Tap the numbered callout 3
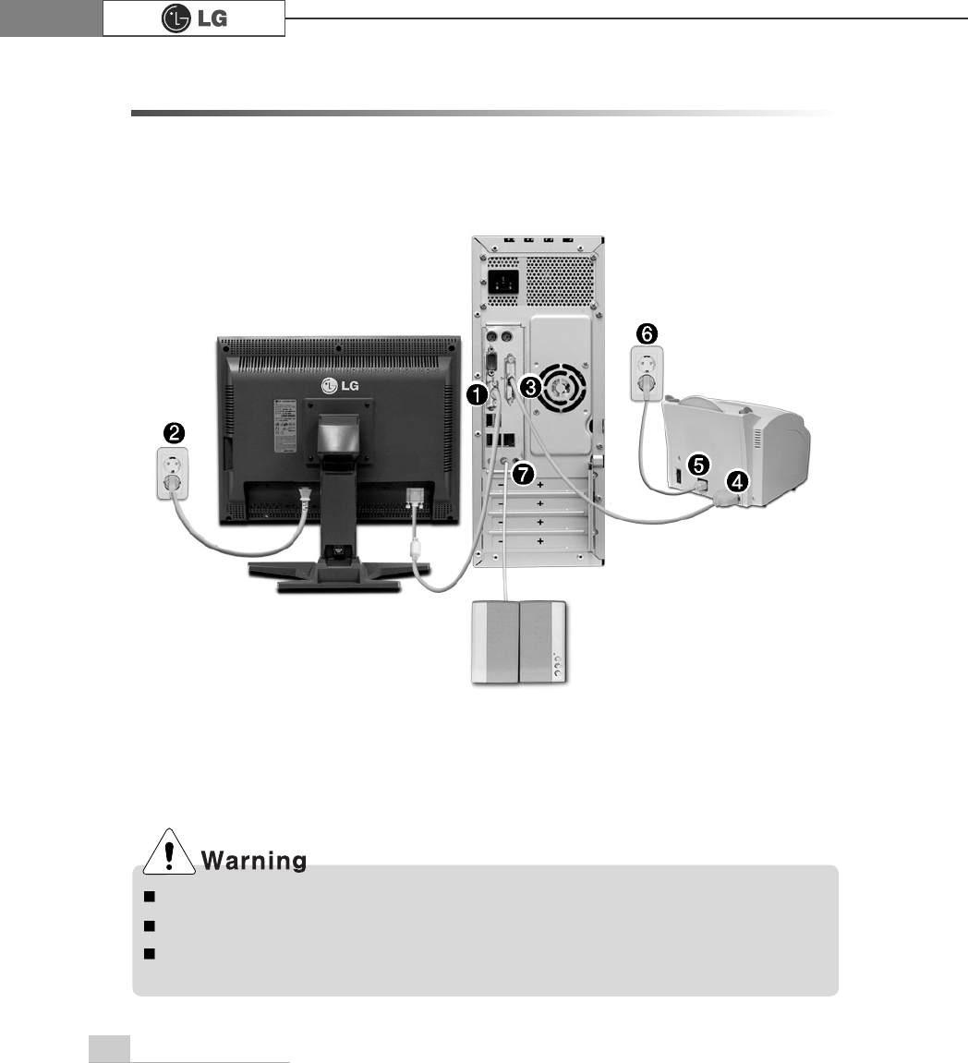pos(530,383)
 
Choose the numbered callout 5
pos(699,464)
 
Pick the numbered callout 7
pos(523,474)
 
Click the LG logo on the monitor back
pos(338,385)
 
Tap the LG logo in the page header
pos(193,18)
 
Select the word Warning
pos(254,862)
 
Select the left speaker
pos(495,642)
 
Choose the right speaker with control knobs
pos(544,642)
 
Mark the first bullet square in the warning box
pos(148,896)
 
